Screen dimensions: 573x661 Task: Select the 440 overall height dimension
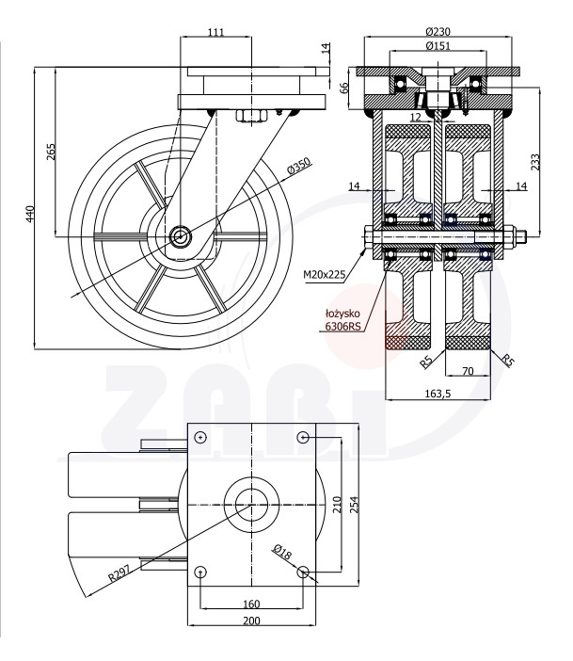[x=29, y=214]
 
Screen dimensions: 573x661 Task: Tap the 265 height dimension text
[x=51, y=152]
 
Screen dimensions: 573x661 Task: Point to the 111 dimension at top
[x=216, y=32]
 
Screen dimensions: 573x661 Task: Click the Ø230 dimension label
[x=438, y=32]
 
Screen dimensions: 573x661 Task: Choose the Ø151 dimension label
[x=438, y=45]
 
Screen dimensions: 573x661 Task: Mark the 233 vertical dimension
[x=534, y=162]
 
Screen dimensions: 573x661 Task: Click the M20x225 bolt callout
[x=324, y=275]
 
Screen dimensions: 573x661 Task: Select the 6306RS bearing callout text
[x=342, y=326]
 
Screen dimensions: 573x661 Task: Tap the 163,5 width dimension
[x=438, y=394]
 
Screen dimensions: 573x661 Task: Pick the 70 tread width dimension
[x=468, y=371]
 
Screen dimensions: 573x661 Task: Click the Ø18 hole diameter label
[x=282, y=552]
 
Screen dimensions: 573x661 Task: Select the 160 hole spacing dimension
[x=251, y=605]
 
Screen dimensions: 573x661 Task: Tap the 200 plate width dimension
[x=251, y=621]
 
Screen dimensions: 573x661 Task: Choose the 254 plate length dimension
[x=355, y=505]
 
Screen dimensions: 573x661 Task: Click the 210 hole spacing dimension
[x=337, y=505]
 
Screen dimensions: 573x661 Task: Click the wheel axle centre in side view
[x=180, y=236]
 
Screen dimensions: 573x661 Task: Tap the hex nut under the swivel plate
[x=251, y=116]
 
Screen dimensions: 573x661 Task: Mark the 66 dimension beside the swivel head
[x=344, y=88]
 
